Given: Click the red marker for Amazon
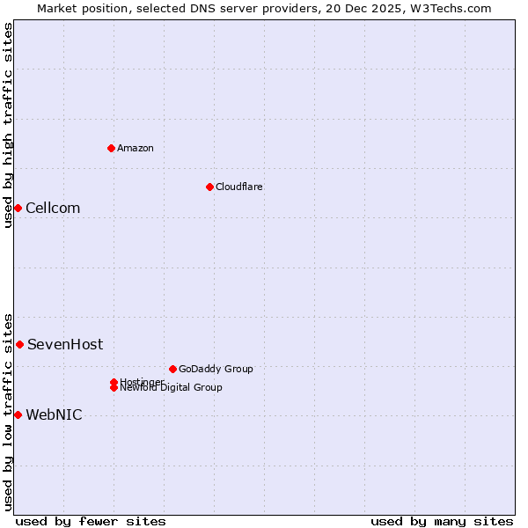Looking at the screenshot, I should point(111,148).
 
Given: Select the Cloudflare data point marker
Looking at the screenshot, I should point(209,187).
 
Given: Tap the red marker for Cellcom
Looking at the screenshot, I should point(18,208).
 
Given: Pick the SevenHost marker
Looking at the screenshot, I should point(19,344).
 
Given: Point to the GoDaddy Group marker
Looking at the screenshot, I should point(172,369).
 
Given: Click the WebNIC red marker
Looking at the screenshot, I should point(18,414).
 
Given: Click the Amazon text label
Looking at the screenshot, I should point(136,148).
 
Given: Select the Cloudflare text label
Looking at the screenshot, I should point(239,187).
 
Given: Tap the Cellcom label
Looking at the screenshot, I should point(53,209).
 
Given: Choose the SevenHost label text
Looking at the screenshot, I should point(65,345).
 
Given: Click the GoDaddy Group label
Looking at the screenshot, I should point(216,369).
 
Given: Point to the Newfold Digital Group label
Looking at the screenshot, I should point(172,388).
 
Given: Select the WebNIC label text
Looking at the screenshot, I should point(54,415).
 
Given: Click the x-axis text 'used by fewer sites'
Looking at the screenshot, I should point(91,521).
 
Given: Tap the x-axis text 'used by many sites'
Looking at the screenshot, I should point(442,521).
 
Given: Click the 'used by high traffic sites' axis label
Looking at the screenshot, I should point(8,125).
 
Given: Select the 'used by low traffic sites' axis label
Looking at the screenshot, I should point(8,411).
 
